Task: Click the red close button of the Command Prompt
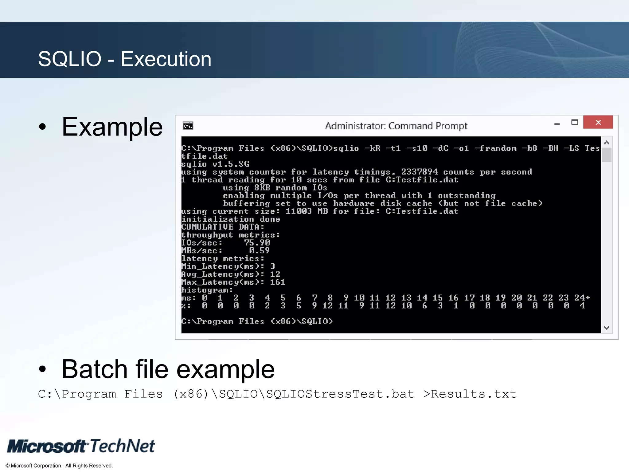(598, 122)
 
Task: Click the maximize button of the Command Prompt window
(574, 122)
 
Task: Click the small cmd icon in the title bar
(188, 126)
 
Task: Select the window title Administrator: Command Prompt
(396, 126)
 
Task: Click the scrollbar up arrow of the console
(606, 143)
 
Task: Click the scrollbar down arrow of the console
(606, 328)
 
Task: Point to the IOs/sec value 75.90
(257, 243)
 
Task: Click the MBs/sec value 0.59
(259, 251)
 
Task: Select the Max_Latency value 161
(277, 282)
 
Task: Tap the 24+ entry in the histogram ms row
(582, 298)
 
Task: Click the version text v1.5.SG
(231, 164)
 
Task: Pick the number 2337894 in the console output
(419, 172)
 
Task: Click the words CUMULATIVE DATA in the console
(223, 227)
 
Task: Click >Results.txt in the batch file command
(470, 394)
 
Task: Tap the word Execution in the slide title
(166, 59)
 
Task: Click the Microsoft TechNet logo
(81, 446)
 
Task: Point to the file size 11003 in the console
(299, 211)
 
